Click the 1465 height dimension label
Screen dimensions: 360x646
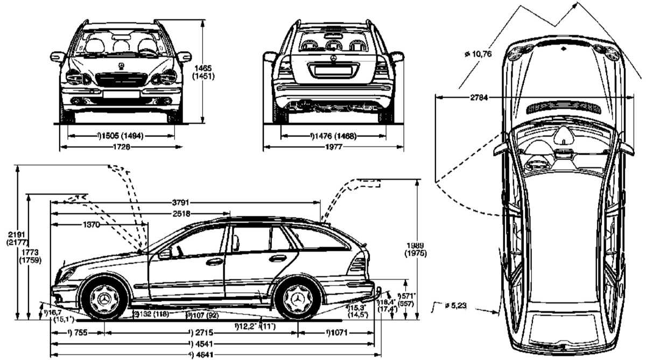[x=204, y=68]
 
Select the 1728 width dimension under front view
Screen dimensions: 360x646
[x=122, y=146]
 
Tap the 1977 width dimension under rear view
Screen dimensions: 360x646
[x=334, y=146]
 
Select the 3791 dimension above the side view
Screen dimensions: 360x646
[x=181, y=203]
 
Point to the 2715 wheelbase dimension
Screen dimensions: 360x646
[x=200, y=333]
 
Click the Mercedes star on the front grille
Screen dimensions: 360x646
[x=122, y=67]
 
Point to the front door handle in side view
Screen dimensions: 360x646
[x=214, y=262]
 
